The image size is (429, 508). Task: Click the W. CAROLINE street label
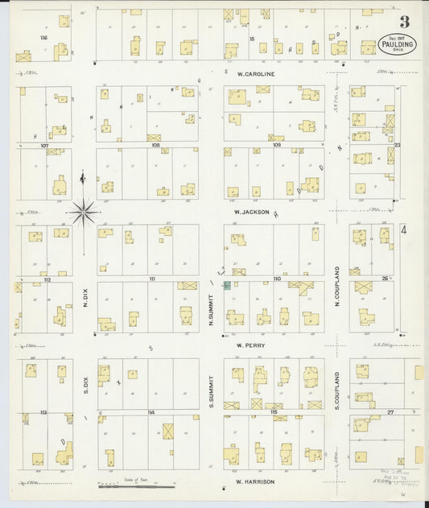tap(256, 73)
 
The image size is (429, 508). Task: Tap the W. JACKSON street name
tap(250, 212)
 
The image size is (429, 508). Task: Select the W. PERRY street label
tap(250, 345)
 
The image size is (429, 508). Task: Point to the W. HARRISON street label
tap(255, 481)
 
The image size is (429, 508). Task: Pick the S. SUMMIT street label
tap(211, 389)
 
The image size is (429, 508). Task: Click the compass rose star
tap(83, 213)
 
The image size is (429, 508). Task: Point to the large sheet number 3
tap(403, 22)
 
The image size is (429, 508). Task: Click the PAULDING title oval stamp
tap(397, 43)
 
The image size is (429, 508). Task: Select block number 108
tap(155, 146)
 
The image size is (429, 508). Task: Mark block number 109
tap(277, 146)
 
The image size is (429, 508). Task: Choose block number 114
tap(150, 412)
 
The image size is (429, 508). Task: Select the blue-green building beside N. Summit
tap(227, 285)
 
